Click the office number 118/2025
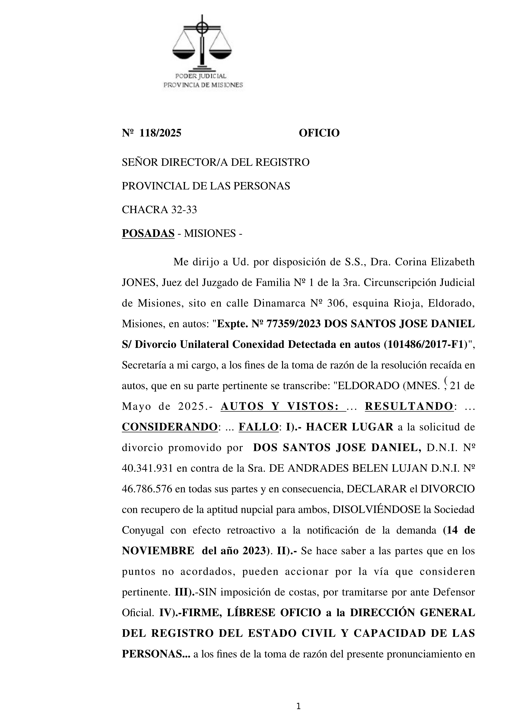tap(160, 133)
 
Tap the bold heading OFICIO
tap(319, 133)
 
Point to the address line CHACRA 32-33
tap(159, 210)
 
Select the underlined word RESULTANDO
tap(409, 406)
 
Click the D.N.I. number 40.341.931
tap(147, 468)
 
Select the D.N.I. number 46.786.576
tap(147, 489)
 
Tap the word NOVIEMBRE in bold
tap(158, 551)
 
